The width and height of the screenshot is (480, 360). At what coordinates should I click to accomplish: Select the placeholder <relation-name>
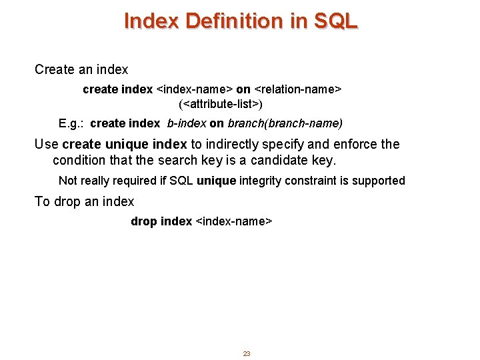tap(298, 89)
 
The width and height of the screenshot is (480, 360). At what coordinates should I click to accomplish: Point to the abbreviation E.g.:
tap(71, 123)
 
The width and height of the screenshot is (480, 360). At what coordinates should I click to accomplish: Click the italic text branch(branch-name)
tap(285, 123)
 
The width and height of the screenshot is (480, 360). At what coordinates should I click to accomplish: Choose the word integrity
tap(266, 181)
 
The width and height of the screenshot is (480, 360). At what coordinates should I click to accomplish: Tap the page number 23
tap(246, 353)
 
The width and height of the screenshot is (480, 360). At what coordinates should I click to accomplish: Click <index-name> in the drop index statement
tap(233, 221)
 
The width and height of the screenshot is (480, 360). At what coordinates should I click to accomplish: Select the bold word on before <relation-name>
tap(243, 89)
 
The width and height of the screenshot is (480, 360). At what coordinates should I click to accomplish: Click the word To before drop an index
tap(42, 201)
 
